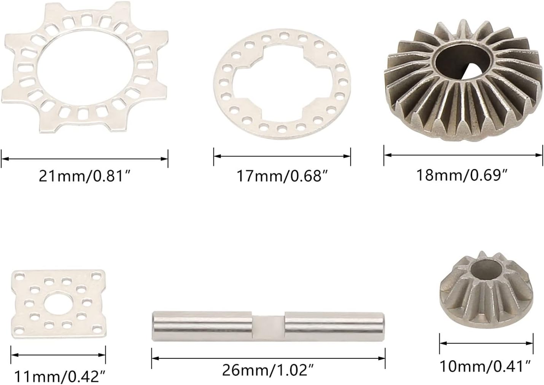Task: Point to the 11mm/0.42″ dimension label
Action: click(60, 376)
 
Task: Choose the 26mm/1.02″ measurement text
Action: click(268, 371)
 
